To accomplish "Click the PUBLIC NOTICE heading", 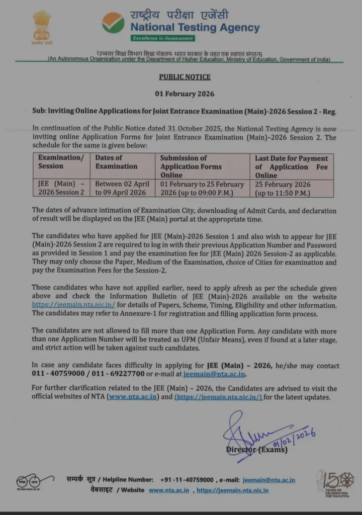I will click(x=185, y=77).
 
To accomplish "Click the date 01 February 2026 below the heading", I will click(x=185, y=94).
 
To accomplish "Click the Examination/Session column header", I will click(x=61, y=162).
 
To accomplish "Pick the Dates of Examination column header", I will click(x=116, y=162).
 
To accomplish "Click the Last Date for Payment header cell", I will click(x=291, y=166).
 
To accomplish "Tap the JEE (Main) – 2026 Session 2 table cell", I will click(x=61, y=188).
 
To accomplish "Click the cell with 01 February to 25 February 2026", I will click(x=202, y=188).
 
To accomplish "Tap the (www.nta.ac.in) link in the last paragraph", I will click(x=133, y=397).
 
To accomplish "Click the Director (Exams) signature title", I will click(x=256, y=449).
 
